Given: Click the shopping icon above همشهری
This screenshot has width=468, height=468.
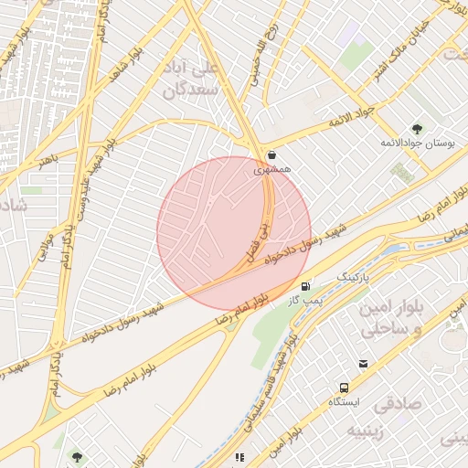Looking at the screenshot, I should (271, 154).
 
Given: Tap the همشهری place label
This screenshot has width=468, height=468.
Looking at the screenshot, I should (271, 169).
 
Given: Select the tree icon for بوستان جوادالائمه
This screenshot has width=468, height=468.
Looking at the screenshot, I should (420, 128).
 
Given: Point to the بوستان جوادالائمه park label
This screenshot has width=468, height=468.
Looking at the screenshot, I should (420, 144).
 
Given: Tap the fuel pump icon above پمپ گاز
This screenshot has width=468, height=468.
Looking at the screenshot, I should (304, 286).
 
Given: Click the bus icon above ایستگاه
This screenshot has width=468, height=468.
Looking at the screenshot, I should (345, 388).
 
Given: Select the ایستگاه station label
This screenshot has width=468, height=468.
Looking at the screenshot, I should (345, 402).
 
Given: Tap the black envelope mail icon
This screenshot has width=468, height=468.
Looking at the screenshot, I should (364, 364).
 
